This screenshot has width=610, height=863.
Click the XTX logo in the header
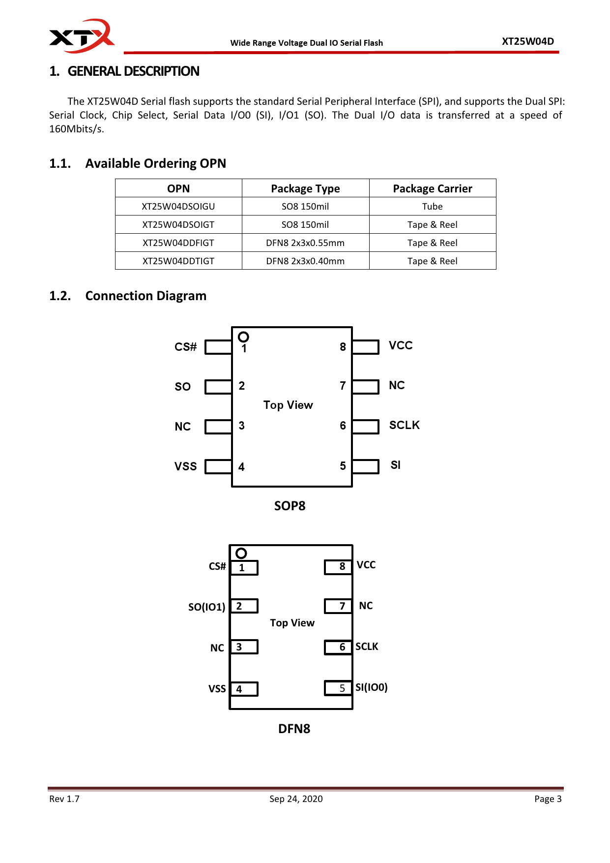click(x=82, y=36)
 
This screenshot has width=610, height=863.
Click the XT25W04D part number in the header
click(x=527, y=41)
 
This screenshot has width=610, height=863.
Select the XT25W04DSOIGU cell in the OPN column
click(x=178, y=207)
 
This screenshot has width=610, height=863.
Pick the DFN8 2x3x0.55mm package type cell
click(x=305, y=243)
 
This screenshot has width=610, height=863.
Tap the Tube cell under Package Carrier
click(x=432, y=207)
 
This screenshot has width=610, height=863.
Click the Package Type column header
click(x=305, y=189)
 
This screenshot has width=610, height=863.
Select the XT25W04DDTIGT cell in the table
click(x=178, y=261)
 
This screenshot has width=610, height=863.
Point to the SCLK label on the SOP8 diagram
click(x=404, y=425)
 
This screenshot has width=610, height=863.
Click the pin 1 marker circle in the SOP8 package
click(x=243, y=337)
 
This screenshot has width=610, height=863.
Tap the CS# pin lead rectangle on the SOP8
click(x=218, y=347)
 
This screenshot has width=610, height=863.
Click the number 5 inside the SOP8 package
click(x=343, y=466)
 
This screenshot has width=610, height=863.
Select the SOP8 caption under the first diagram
click(x=290, y=506)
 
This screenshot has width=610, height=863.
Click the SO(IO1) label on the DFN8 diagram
click(x=206, y=607)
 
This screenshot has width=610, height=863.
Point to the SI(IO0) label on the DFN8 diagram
click(x=372, y=687)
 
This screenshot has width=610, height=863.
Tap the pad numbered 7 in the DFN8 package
click(x=338, y=606)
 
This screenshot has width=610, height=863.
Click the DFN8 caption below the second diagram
click(x=294, y=729)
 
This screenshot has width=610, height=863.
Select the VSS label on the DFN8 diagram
click(x=217, y=689)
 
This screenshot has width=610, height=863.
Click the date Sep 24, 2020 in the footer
click(x=296, y=799)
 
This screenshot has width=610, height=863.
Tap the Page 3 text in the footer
click(x=548, y=799)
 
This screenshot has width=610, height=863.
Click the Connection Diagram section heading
click(x=145, y=296)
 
